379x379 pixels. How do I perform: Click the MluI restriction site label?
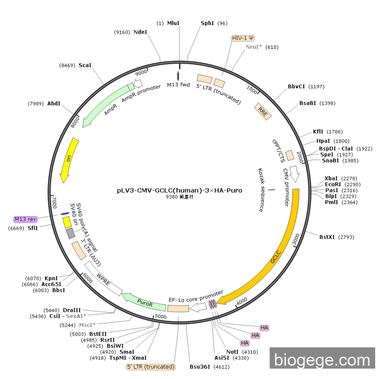(x=173, y=23)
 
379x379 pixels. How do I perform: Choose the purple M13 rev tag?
(x=25, y=219)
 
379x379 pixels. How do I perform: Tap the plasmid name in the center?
(x=179, y=191)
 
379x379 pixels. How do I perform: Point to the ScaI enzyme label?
(x=85, y=65)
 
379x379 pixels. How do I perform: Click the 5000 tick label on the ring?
(x=161, y=316)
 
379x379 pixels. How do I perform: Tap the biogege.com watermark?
(x=322, y=360)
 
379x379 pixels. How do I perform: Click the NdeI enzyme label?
(x=140, y=32)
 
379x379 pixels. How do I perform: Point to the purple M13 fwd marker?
(x=179, y=76)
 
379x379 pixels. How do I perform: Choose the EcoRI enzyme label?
(x=332, y=184)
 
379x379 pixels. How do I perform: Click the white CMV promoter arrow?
(x=295, y=174)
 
